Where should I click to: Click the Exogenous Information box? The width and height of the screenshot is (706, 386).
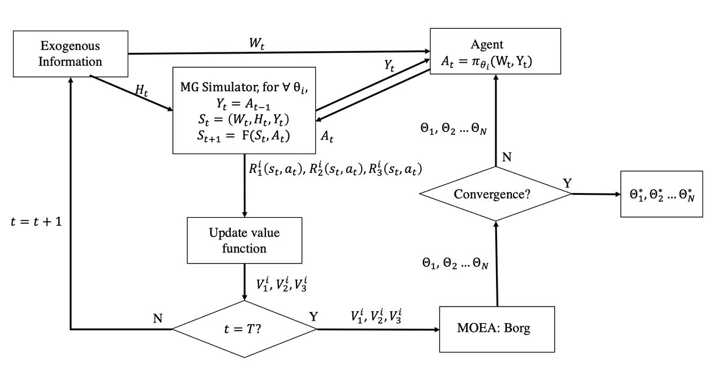click(71, 54)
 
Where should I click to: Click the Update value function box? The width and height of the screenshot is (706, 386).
click(244, 240)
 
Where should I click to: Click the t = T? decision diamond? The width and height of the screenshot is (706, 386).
click(244, 329)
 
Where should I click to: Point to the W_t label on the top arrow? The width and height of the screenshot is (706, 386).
click(255, 44)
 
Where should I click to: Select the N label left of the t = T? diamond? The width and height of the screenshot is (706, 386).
click(157, 318)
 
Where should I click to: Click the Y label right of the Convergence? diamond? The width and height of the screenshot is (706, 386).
click(567, 183)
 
